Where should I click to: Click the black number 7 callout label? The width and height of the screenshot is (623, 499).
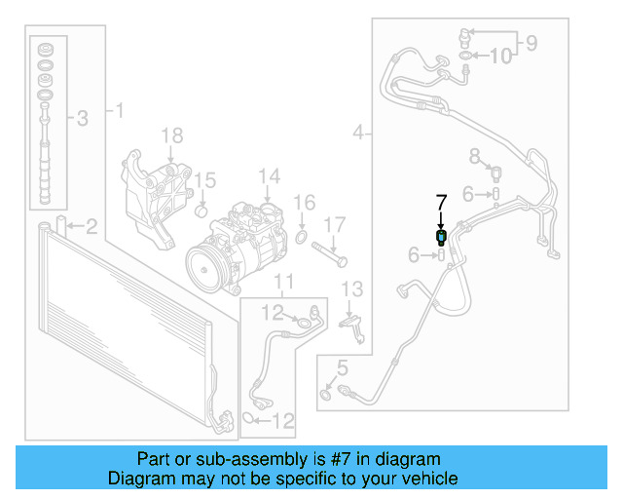coord(441,203)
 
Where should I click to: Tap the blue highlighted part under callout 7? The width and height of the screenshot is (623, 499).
coord(441,236)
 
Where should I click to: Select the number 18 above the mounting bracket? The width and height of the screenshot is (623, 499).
coord(171,135)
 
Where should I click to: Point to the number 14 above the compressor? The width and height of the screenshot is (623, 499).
coord(269,176)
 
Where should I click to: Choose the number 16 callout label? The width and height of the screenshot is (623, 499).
coord(305,203)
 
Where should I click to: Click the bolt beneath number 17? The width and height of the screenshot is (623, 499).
coord(331,259)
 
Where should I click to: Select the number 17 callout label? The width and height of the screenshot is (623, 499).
coord(334,225)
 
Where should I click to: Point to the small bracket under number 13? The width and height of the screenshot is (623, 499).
coord(356,324)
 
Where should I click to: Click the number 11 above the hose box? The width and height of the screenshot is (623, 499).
coord(283,284)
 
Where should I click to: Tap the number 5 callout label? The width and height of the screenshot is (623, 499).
coord(341,367)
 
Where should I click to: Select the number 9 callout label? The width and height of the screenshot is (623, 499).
coord(531,42)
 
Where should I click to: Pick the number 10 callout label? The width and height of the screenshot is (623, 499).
coord(500,57)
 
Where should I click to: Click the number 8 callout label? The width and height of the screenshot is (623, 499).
coord(475,156)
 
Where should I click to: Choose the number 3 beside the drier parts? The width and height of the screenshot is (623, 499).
coord(82,119)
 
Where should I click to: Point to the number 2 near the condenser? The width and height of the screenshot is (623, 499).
coord(91,228)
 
